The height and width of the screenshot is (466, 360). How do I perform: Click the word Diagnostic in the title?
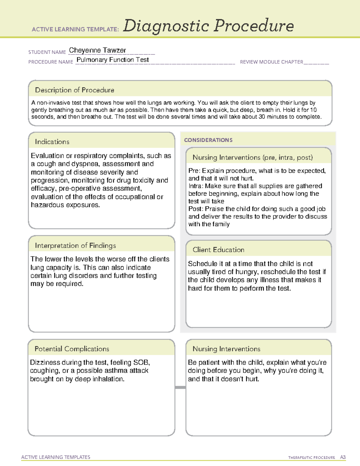166,26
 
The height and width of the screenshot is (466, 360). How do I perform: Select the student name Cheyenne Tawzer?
97,50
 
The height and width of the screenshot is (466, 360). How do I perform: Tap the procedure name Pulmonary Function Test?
112,60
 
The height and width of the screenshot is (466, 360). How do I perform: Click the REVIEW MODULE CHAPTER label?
271,62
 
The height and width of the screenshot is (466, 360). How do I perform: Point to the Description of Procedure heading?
74,90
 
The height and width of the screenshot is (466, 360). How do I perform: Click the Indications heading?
52,142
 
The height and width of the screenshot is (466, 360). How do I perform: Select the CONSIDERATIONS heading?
208,140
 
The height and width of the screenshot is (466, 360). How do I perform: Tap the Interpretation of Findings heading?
75,245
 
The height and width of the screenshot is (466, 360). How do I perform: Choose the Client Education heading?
218,250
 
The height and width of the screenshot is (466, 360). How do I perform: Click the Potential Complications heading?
72,349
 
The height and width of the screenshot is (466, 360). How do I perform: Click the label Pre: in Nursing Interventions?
194,171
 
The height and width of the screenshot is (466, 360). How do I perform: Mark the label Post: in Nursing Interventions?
196,209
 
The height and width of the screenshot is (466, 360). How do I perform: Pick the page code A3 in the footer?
343,457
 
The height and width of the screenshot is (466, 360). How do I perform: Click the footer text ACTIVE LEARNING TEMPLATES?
56,457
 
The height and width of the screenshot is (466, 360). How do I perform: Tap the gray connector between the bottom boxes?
180,387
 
